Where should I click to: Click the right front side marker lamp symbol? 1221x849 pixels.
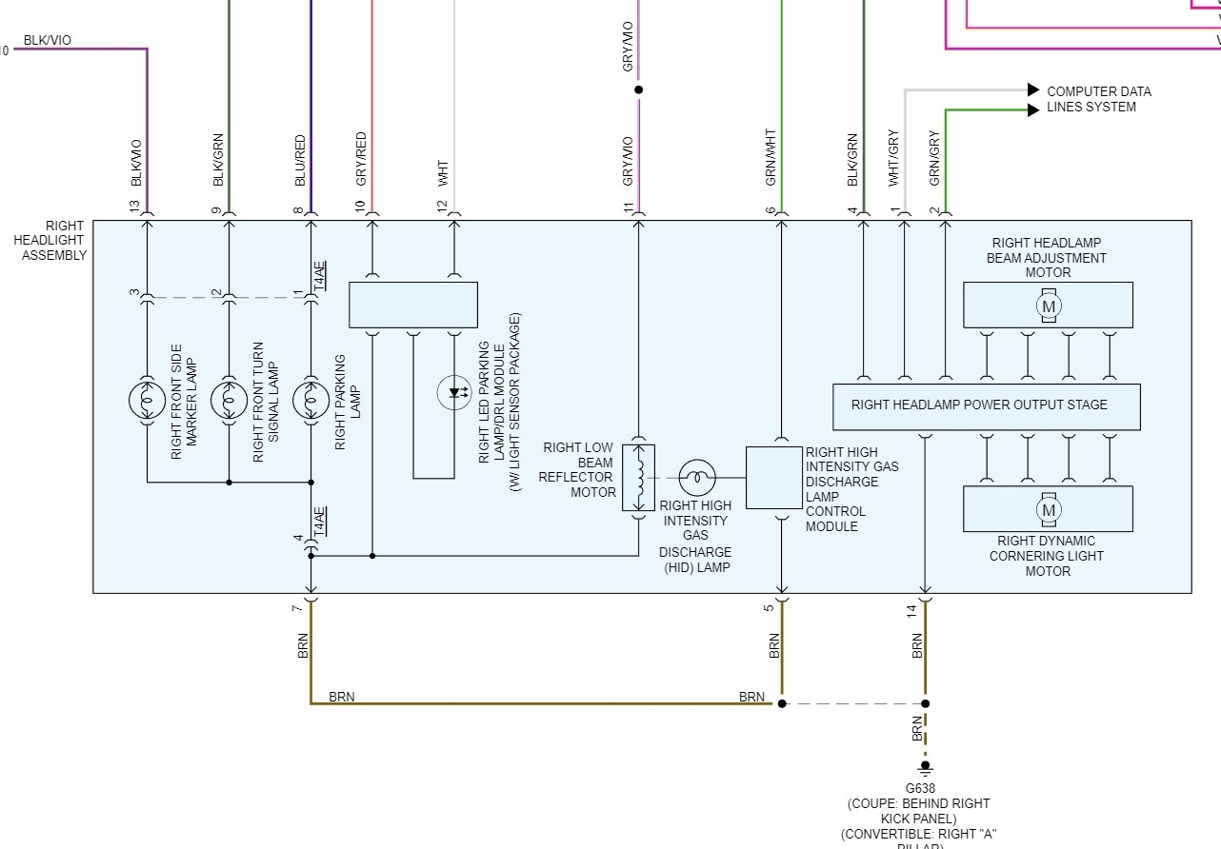point(147,399)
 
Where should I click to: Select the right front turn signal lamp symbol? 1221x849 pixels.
point(229,399)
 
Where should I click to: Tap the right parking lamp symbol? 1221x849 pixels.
point(310,399)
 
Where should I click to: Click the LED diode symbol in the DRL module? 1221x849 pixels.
point(454,392)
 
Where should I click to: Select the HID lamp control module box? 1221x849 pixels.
point(772,478)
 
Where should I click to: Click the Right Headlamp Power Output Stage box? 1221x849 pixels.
point(986,406)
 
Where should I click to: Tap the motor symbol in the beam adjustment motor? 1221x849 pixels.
point(1049,306)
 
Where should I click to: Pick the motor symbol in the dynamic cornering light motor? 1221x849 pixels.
point(1049,510)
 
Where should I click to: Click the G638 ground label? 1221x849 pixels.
point(919,789)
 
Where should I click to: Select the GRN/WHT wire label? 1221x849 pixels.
point(771,156)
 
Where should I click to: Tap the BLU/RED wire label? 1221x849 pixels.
point(300,160)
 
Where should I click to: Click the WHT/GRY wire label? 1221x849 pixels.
point(893,158)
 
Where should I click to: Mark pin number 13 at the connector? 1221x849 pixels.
point(134,206)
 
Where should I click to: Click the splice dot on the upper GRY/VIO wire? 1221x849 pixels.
point(638,90)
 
